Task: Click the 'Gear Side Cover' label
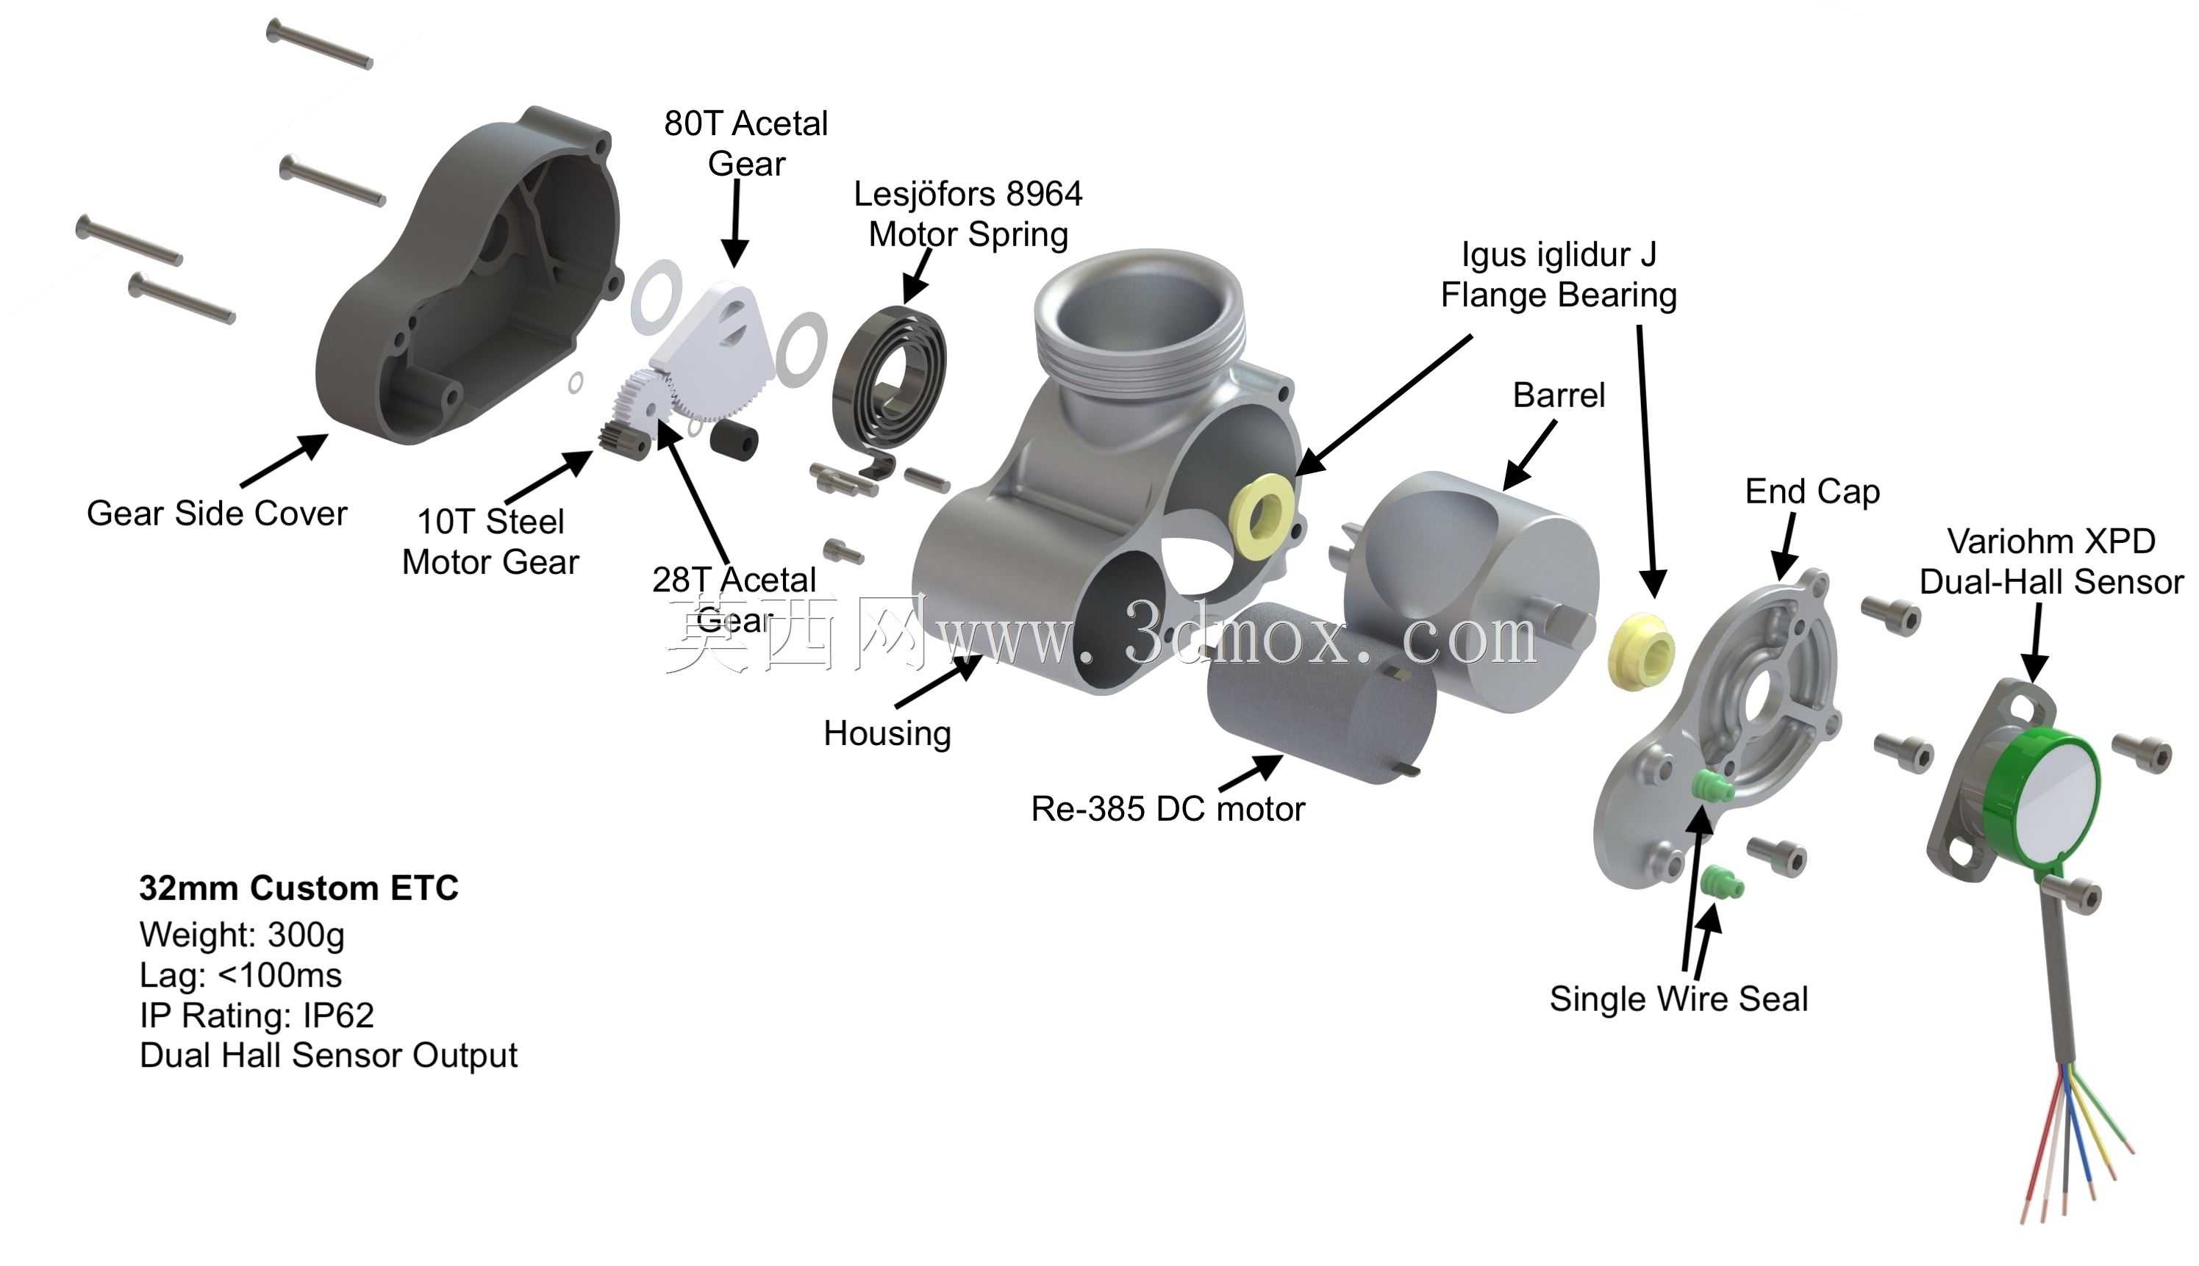coord(217,513)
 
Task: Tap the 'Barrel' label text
coord(1559,395)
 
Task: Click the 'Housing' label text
coord(887,734)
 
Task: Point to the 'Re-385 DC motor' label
coord(1168,809)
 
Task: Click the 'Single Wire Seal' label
coord(1678,999)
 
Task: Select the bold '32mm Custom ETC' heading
coord(298,888)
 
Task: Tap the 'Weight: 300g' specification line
coord(242,935)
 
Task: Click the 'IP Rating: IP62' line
coord(257,1015)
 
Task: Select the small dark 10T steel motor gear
coord(623,438)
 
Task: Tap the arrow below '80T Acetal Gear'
coord(735,223)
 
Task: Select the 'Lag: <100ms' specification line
coord(240,975)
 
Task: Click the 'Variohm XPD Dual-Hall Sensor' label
coord(2051,561)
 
